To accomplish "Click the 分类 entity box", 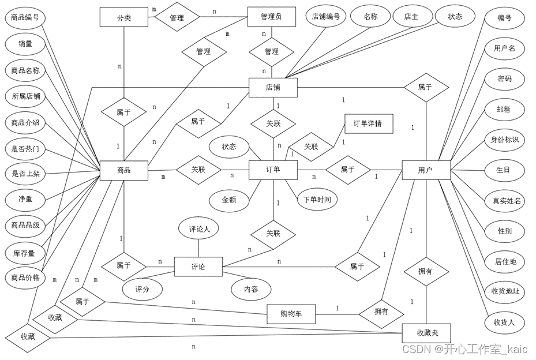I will coord(124,17).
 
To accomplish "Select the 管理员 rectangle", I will coord(272,17).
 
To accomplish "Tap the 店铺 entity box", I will coord(273,88).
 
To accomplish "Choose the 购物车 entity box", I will coord(291,314).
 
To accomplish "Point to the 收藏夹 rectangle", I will coord(426,333).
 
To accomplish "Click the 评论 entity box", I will coord(198,267).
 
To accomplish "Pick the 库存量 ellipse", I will coord(25,253).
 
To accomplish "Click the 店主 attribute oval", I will coord(410,17).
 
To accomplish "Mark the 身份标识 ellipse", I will coord(505,140).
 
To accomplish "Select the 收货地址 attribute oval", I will coord(505,291).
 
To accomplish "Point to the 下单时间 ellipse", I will coord(317,200).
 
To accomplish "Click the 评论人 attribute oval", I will coord(199,229).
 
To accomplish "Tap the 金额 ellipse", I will coord(229,200).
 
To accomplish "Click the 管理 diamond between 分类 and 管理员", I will coord(177,18).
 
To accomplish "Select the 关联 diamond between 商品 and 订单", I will coord(198,170).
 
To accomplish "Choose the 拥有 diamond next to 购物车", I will coord(381,312).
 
